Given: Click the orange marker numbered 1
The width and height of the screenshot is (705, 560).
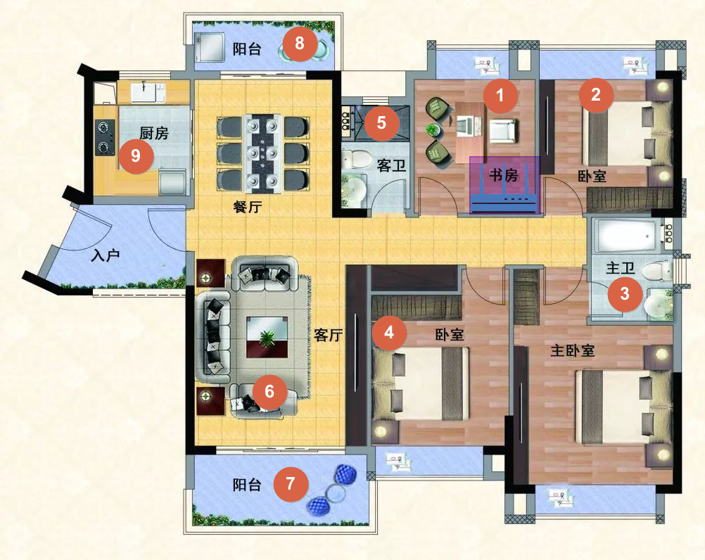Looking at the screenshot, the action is [500, 95].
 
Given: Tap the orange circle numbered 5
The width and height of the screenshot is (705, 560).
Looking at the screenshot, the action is [381, 122].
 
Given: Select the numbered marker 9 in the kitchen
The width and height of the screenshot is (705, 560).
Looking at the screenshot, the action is [136, 156].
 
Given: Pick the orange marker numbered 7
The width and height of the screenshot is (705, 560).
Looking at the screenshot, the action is [291, 483].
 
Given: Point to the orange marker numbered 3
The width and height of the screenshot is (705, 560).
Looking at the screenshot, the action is [625, 294].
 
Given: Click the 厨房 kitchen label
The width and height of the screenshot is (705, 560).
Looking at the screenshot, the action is [154, 133].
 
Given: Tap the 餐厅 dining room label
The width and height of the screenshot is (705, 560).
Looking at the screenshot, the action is [247, 208].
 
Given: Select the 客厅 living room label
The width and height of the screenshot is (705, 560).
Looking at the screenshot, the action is [328, 335].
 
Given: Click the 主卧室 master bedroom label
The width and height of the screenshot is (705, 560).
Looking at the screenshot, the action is [572, 350].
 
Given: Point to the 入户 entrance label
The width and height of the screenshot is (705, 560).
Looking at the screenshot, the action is [106, 255].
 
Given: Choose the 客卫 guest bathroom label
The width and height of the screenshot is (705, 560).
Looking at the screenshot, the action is [391, 166].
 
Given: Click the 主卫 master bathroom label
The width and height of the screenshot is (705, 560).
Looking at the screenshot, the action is [620, 268].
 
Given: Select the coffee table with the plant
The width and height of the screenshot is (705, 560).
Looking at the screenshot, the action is [267, 337].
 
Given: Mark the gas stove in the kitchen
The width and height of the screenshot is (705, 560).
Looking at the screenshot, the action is [104, 137].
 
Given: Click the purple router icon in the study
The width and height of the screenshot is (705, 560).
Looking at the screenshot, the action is [504, 185].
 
